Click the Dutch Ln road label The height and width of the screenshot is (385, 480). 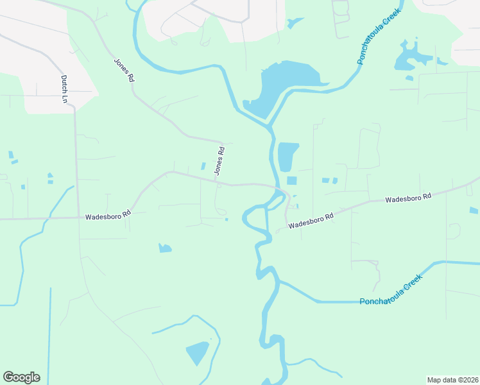coord(64,89)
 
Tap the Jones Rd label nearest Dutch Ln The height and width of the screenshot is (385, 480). coord(124,71)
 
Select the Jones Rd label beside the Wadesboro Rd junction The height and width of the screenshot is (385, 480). coord(220,161)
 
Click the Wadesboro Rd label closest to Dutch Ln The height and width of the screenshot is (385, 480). coord(108,215)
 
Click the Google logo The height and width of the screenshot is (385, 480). coord(21,377)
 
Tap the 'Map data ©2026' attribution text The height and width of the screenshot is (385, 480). coord(452,379)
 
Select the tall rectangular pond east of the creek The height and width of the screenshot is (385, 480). coord(287,156)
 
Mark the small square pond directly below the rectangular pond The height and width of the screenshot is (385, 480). coord(291,180)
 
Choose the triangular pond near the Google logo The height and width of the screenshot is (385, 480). coord(198,352)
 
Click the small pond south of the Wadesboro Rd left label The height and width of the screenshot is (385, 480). coord(165,248)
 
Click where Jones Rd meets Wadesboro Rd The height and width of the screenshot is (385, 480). coord(219,185)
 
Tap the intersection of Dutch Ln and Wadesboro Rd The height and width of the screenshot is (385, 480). coord(78,218)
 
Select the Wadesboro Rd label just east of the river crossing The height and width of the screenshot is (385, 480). coord(311,221)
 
